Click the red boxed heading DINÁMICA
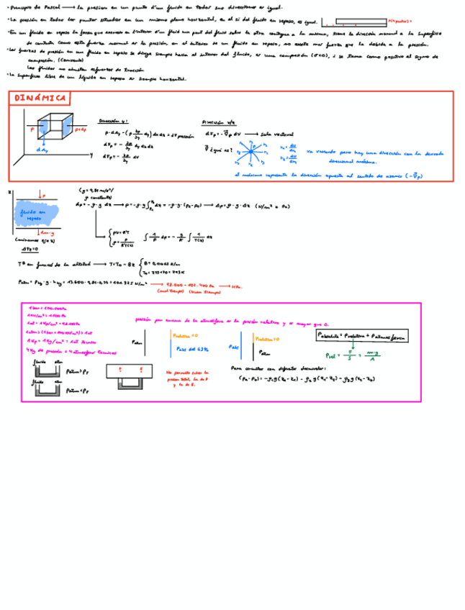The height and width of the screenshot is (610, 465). pos(40,98)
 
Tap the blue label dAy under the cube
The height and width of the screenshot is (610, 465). pos(41,150)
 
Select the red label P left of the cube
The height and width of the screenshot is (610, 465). pos(32,129)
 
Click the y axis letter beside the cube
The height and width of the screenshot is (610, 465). pos(91,155)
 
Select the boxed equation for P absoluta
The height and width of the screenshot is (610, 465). pos(360,335)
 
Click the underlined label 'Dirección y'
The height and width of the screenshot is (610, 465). pos(113,122)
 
